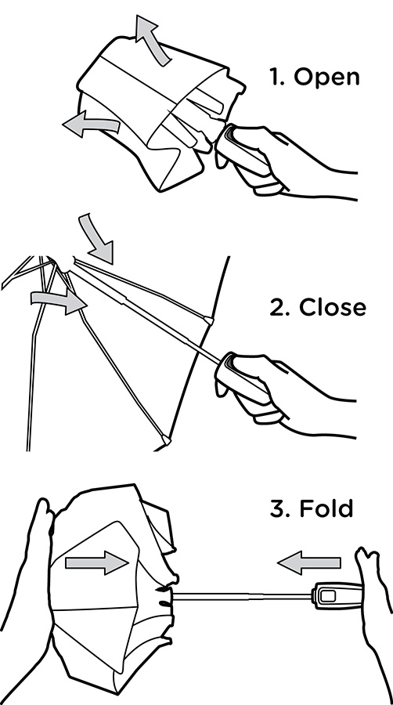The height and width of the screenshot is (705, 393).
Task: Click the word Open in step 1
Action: coord(326,77)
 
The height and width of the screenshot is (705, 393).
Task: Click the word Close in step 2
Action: coord(333,308)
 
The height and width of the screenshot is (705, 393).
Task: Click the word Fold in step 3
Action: coord(326,508)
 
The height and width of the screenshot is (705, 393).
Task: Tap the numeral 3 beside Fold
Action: coord(279,508)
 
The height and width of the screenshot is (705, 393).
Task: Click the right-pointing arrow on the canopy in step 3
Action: coord(96,562)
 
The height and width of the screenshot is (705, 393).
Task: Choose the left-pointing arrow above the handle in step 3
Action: coord(308,562)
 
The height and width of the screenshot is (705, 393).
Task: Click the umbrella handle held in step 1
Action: coord(245,155)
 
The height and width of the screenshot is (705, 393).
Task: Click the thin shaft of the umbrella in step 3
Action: coord(243,596)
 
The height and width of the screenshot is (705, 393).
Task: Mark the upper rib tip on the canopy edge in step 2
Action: coord(208,320)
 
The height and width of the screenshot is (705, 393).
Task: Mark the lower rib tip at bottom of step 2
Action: coord(165,440)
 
